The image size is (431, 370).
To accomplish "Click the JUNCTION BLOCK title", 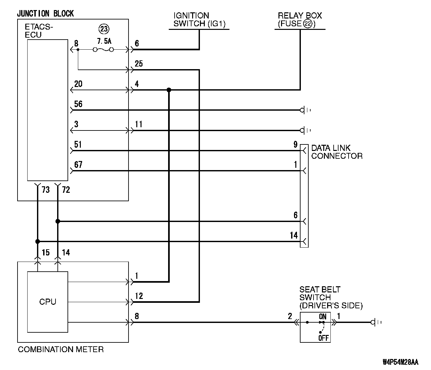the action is pos(45,14).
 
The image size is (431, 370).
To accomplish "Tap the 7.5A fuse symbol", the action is pos(103,50).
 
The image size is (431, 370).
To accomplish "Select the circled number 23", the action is pos(104,29).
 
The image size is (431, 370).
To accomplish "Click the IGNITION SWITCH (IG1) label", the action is pos(199,19).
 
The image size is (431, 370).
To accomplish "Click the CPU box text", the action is pos(48,302).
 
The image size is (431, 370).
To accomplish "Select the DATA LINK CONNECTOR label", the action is pos(337,152).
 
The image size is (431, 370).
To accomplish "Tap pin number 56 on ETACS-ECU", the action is pos(78,104).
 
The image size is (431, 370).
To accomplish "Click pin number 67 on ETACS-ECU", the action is pos(78,165).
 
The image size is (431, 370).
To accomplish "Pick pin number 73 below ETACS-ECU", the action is pos(46,190).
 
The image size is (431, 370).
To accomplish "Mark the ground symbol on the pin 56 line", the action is pos(305,110).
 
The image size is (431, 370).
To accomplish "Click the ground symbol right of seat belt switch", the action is pos(376,322).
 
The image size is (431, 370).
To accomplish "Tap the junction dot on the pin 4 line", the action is pos(169,90).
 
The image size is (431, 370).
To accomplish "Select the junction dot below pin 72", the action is pos(58,221).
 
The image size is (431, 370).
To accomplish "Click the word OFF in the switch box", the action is pos(323,338).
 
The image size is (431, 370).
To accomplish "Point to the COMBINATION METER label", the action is pos(61,349).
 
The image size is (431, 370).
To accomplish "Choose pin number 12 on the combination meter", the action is pos(139,296).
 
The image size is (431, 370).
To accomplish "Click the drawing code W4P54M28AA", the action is pos(400,362).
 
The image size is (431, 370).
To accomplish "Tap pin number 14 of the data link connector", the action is pos(294,235).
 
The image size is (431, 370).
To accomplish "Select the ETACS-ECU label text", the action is pos(39,31).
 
